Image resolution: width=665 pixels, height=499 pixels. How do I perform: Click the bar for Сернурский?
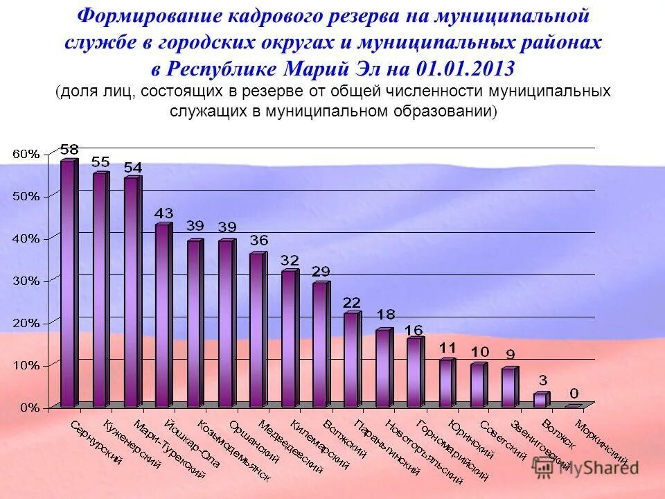pos(67,284)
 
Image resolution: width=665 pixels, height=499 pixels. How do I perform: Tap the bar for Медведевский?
pos(256,330)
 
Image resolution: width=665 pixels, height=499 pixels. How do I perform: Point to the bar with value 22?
pos(351,360)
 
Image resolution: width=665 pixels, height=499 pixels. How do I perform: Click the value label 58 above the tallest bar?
pos(69,149)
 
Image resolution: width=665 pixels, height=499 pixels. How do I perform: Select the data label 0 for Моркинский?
pos(574,393)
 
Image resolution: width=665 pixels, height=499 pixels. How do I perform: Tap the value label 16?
pos(414,329)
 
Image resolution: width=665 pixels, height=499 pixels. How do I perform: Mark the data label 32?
pos(290,261)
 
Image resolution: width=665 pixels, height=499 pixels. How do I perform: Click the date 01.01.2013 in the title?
pos(465,69)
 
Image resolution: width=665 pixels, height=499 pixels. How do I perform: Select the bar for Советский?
pos(477,385)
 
